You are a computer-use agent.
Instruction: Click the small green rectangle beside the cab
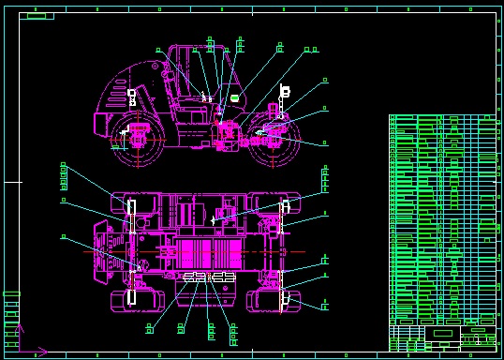click(234, 97)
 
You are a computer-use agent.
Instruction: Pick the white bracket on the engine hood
click(132, 96)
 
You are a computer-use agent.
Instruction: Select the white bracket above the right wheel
click(285, 91)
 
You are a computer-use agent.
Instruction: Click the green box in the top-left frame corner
click(37, 16)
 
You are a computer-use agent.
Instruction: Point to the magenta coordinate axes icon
click(28, 342)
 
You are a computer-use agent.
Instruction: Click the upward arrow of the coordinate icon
click(18, 329)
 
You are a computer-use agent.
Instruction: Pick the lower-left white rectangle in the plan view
click(133, 296)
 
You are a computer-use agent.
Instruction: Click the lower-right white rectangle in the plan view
click(283, 299)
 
